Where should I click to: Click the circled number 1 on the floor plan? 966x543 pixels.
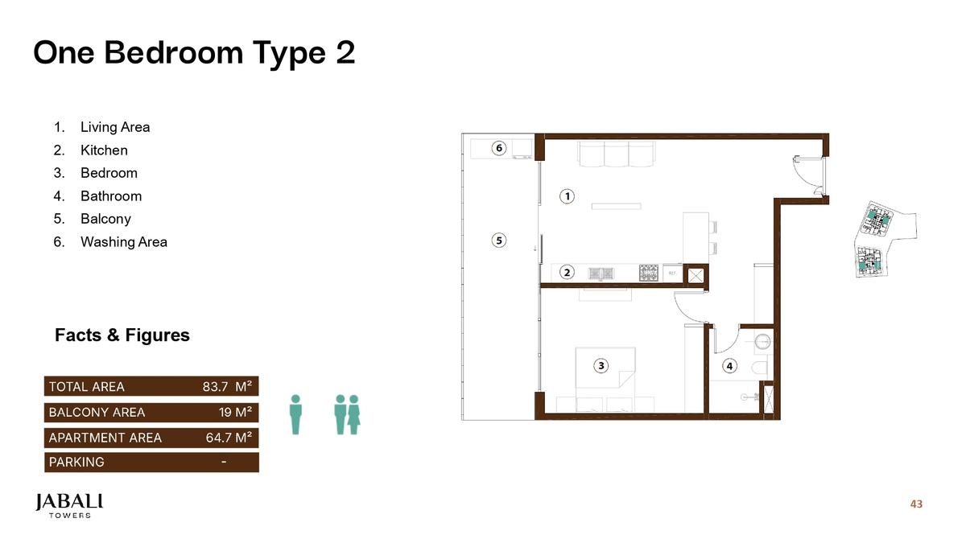pos(568,196)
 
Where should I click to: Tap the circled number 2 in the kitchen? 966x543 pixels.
pos(568,273)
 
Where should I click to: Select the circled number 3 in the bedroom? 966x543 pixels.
pos(601,365)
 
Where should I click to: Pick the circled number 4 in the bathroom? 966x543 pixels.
pos(729,365)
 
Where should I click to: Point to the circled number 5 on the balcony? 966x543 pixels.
pos(499,240)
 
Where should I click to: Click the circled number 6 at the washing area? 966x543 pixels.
pos(499,148)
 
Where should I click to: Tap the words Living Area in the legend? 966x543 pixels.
pos(115,127)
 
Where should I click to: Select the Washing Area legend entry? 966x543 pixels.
pos(124,242)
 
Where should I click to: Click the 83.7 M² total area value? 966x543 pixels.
pos(227,387)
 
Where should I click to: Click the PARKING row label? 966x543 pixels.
pos(76,463)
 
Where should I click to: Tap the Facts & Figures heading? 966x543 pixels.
pos(122,335)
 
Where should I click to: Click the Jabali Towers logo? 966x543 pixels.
pos(69,505)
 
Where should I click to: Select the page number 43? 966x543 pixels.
pos(916,504)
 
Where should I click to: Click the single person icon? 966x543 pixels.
pos(295,414)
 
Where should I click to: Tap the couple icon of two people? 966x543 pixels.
pos(347,414)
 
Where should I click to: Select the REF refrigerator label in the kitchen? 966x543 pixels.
pos(672,274)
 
